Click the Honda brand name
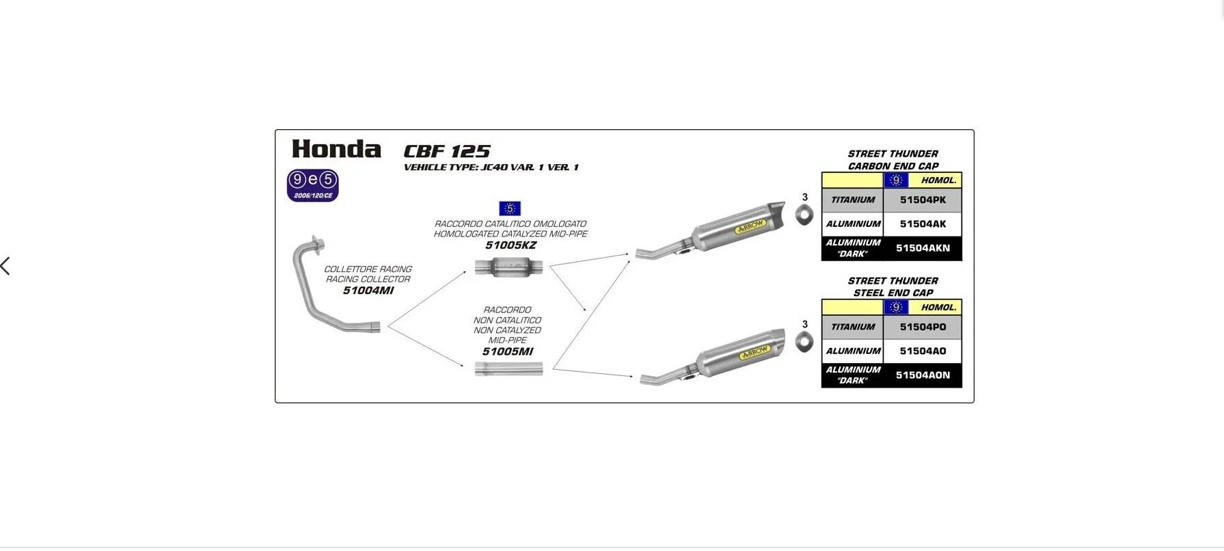tap(336, 149)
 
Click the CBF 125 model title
tap(447, 151)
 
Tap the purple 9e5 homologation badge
tap(312, 185)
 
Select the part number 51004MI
tap(368, 291)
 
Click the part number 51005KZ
tap(511, 245)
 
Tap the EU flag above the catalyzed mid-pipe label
tap(510, 209)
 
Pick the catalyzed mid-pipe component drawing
tap(509, 267)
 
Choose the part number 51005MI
tap(507, 351)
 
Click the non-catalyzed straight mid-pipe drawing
tap(508, 369)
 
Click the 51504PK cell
tap(923, 200)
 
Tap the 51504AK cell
tap(923, 224)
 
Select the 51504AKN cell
tap(923, 248)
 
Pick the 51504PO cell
tap(923, 327)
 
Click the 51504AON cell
tap(923, 375)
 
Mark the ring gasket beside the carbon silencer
tap(805, 215)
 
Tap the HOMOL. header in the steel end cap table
tap(938, 308)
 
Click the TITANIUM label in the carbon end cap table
tap(853, 200)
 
